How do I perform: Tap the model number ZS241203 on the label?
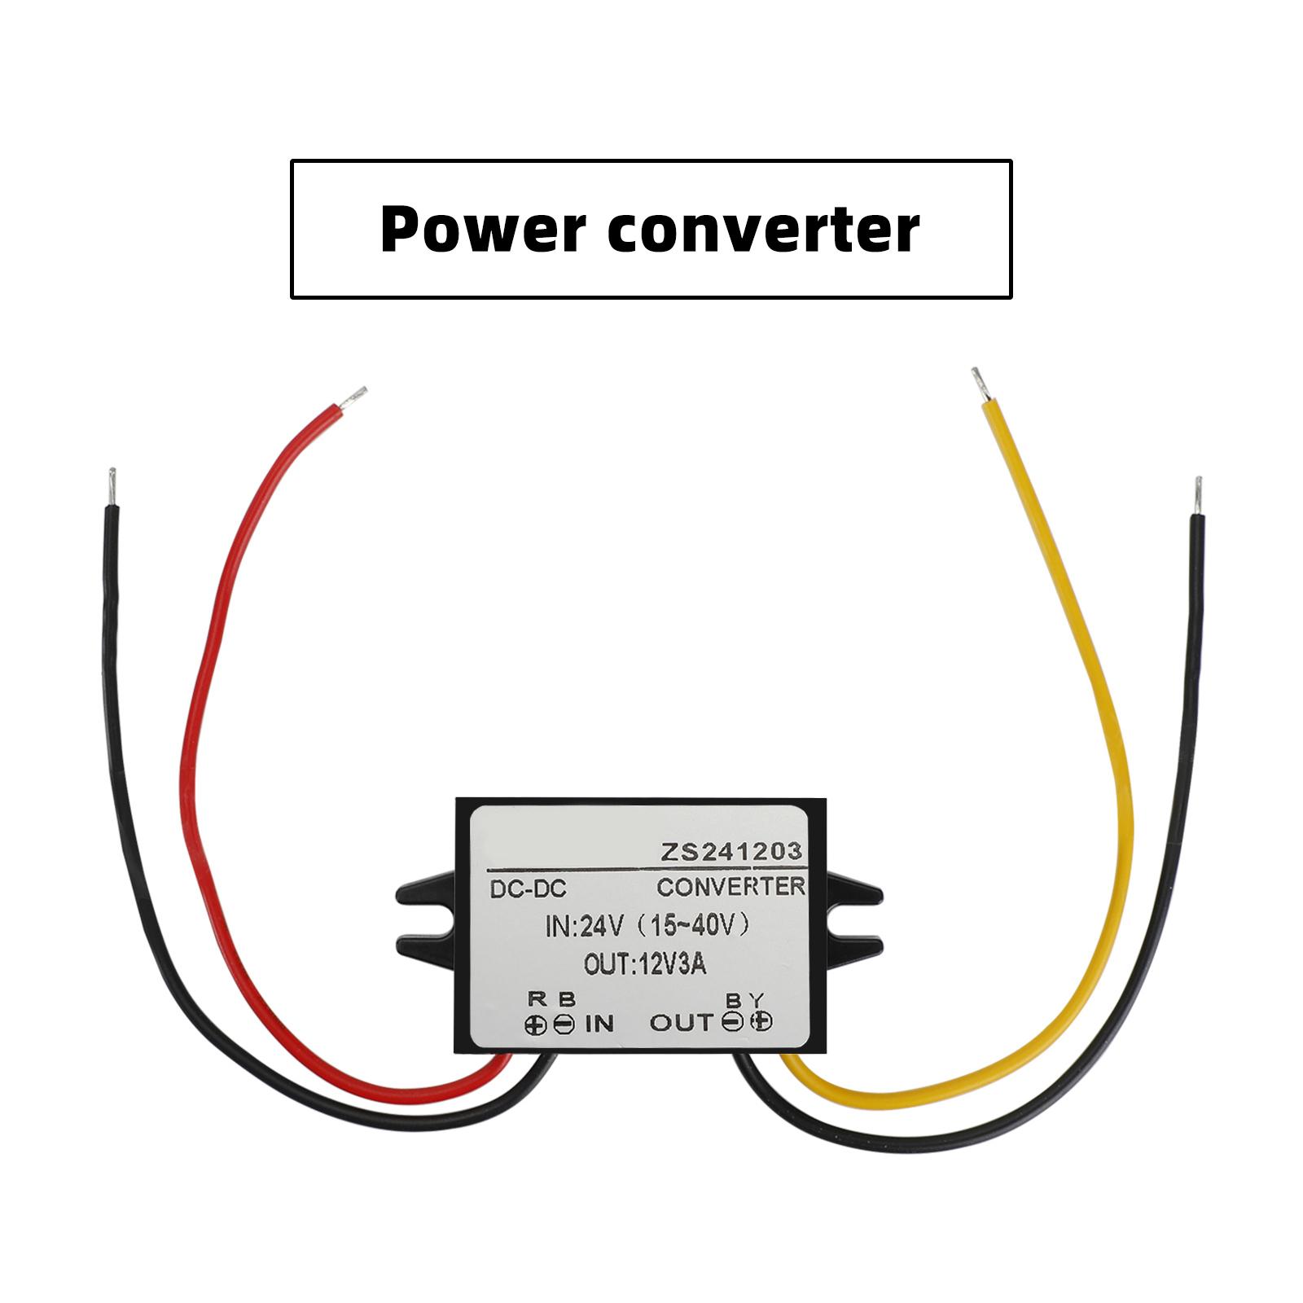tap(730, 851)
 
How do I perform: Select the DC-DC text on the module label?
tap(528, 888)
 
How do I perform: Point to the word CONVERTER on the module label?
tap(730, 886)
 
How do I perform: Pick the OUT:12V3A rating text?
tap(645, 965)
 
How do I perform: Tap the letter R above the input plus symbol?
tap(535, 999)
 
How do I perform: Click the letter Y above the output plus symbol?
tap(758, 999)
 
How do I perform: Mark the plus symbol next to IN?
tap(536, 1024)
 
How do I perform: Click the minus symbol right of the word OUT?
tap(733, 1023)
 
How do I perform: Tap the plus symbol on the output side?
tap(761, 1023)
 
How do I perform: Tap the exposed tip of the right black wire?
tap(1197, 495)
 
